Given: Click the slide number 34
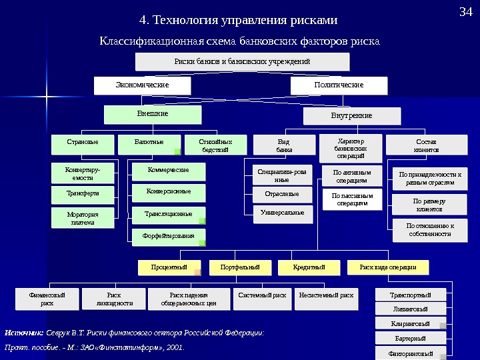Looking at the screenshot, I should [466, 13].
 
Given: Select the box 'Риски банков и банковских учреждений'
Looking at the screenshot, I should [243, 62].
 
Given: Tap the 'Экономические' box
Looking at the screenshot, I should [142, 85].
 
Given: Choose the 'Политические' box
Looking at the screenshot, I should [339, 85].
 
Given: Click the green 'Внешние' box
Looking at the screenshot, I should [153, 114].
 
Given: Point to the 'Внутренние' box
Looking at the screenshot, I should [352, 116].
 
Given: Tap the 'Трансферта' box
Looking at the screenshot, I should [82, 195].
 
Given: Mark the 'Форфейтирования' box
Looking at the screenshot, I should [168, 236].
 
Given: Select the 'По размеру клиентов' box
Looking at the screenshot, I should [429, 205].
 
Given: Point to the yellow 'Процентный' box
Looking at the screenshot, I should [169, 267].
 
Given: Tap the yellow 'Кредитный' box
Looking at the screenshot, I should [309, 267].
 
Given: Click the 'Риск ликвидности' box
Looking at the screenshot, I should [114, 299].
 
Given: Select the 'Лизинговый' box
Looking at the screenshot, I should [411, 309].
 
